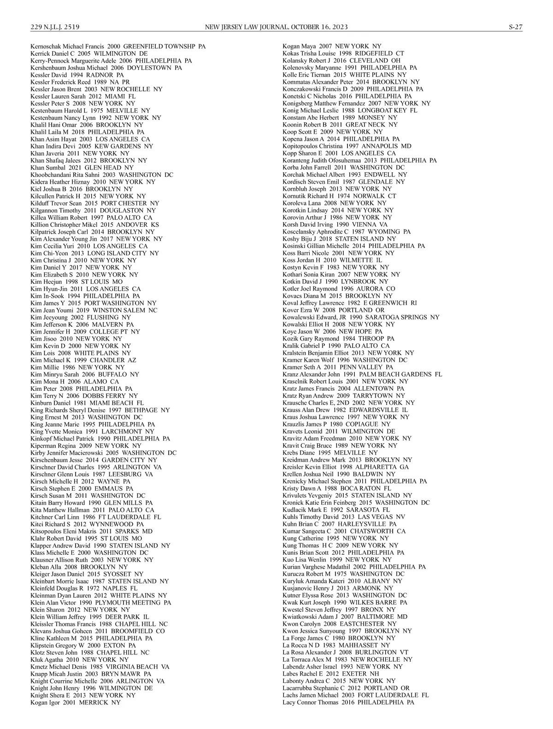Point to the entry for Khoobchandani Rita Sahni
[x=102, y=175]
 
